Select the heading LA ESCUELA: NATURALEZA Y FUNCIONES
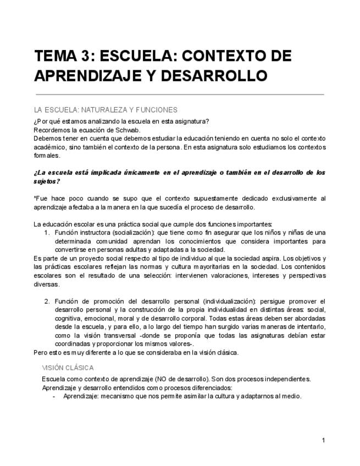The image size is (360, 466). [106, 110]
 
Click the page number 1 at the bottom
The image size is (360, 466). [324, 440]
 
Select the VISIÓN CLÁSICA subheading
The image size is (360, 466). [68, 368]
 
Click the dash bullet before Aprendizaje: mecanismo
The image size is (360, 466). [54, 396]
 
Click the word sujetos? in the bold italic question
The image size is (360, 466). [47, 181]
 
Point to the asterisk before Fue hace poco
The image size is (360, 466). [35, 198]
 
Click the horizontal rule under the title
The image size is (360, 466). [179, 95]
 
